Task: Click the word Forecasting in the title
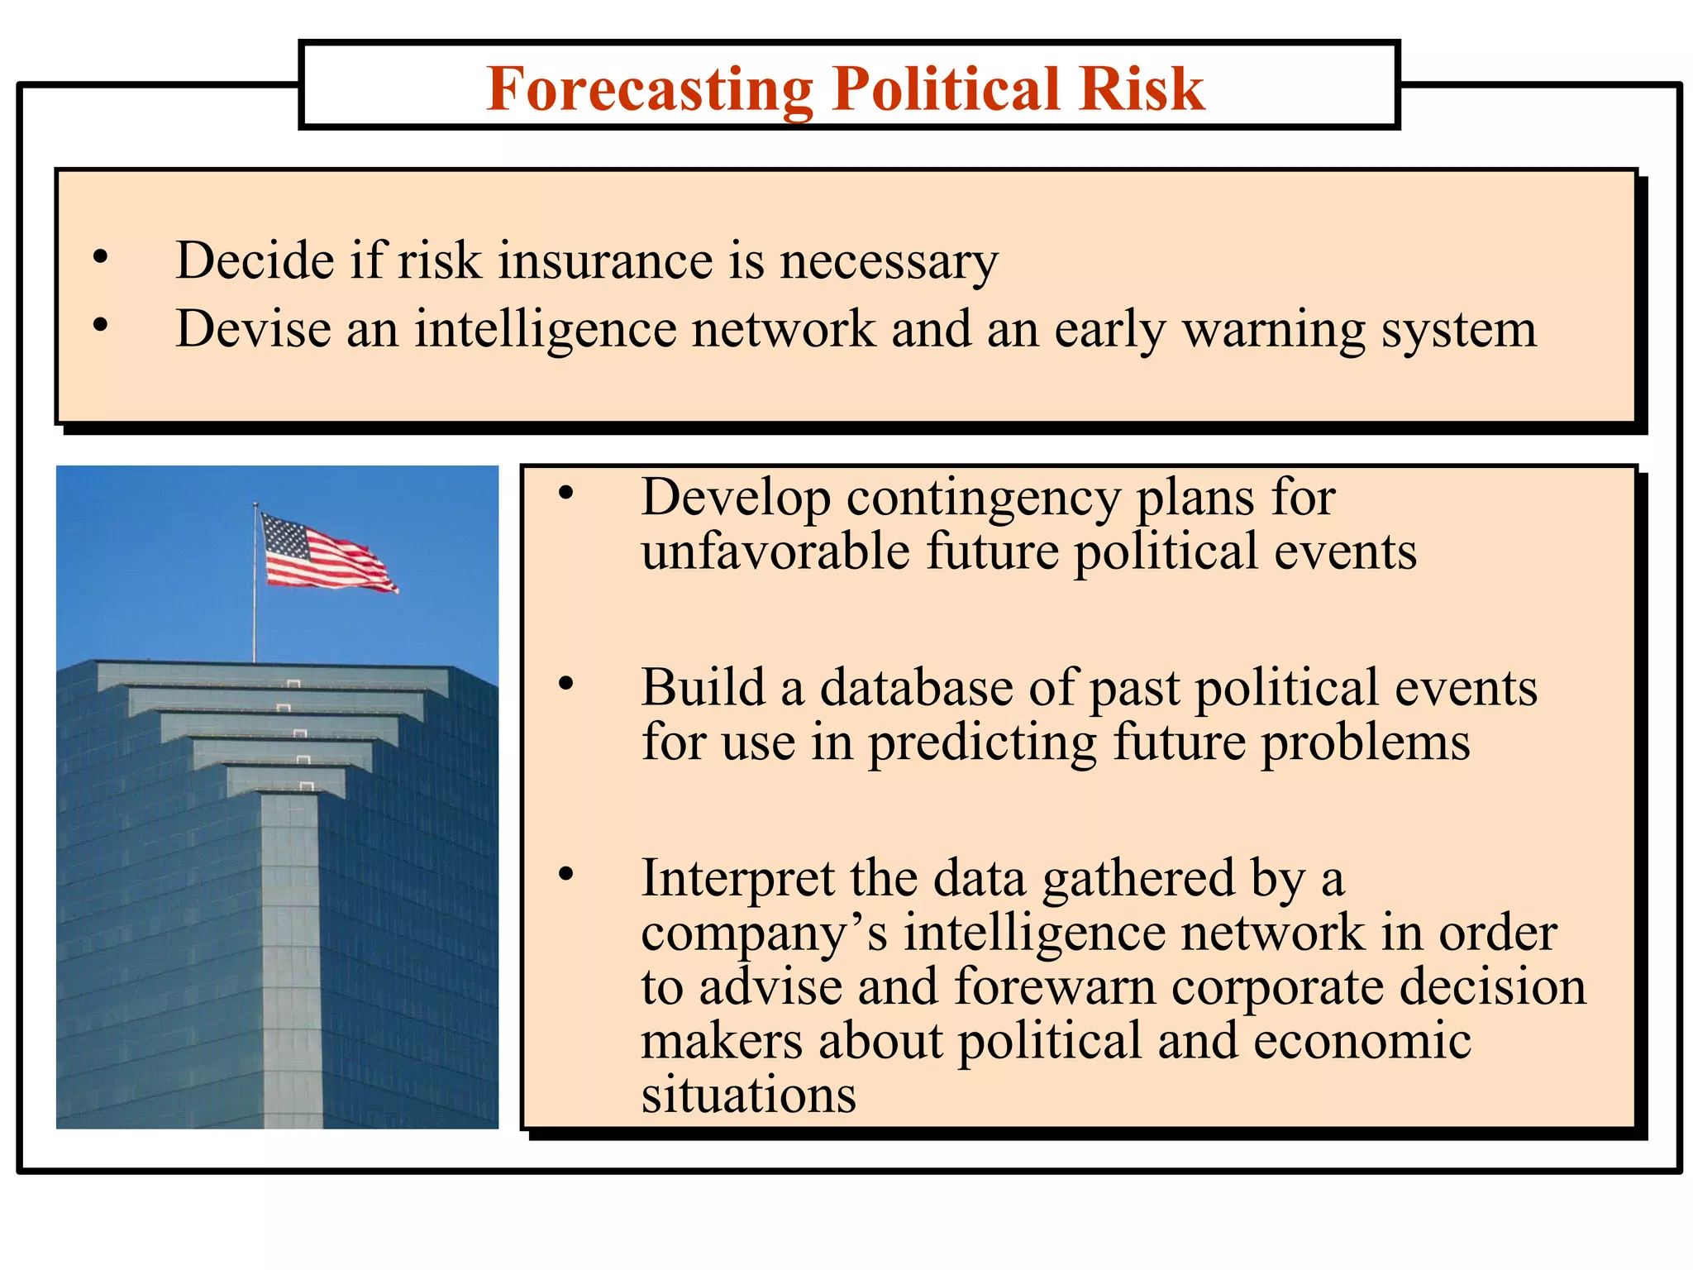point(650,89)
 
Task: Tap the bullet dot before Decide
point(101,258)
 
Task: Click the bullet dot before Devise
point(101,326)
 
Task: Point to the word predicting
point(981,742)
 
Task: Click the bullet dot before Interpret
point(566,874)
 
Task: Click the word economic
point(1362,1041)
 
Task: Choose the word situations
point(748,1095)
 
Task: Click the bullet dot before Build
point(566,684)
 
